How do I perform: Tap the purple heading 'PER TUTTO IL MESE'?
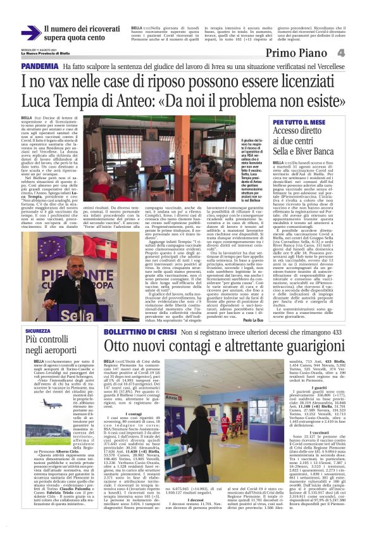point(299,122)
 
